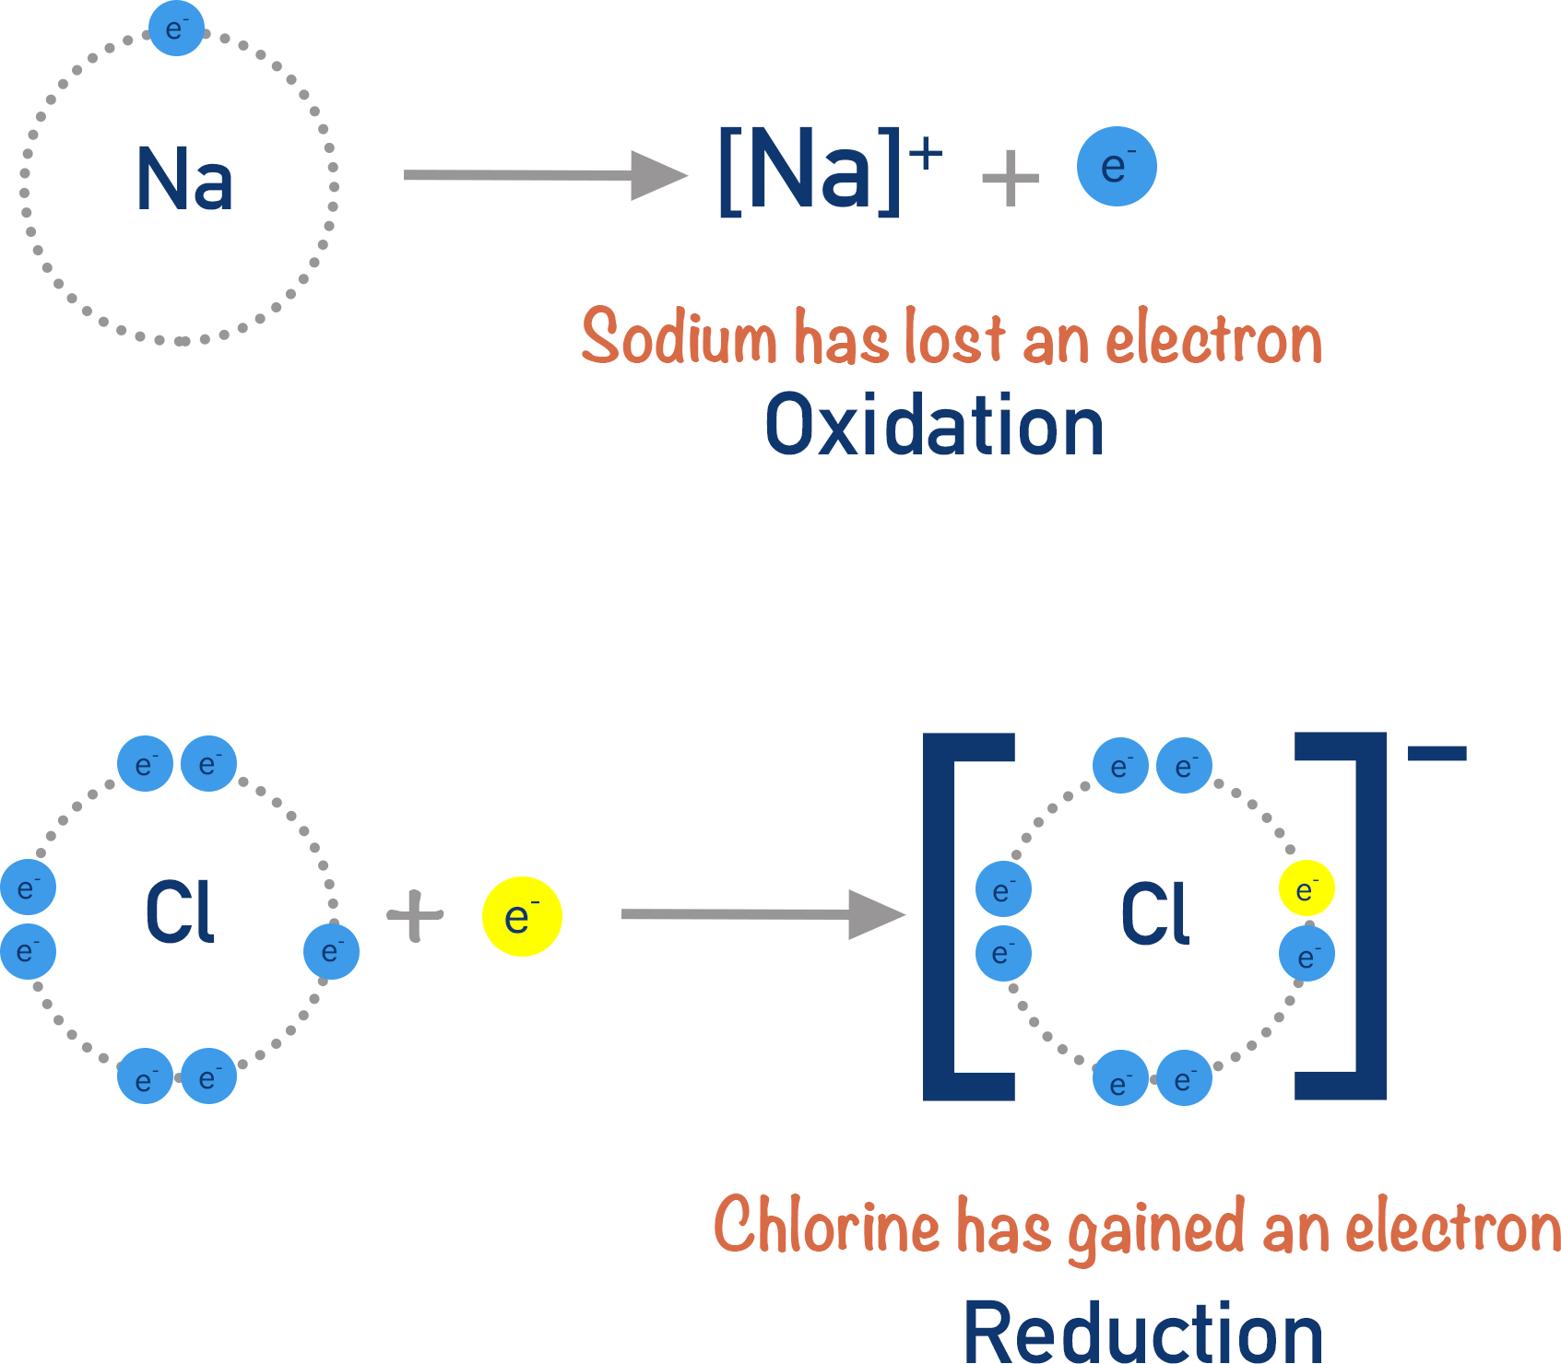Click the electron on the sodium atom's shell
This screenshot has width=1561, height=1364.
[176, 29]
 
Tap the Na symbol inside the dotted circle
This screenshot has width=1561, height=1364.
[184, 180]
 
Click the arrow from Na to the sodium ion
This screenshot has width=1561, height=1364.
[544, 175]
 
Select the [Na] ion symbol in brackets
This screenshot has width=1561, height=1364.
[810, 170]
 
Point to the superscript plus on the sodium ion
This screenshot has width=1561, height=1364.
[926, 155]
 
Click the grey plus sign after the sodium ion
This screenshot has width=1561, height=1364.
[1011, 178]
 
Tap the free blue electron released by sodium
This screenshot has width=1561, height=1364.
[1117, 167]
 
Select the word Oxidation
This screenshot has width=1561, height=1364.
[934, 426]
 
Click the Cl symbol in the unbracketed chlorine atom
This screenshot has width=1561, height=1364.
[180, 912]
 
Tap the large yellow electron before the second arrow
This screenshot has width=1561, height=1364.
[522, 916]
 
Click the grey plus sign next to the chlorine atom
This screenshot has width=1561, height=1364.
[416, 916]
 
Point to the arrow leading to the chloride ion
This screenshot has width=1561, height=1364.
[761, 914]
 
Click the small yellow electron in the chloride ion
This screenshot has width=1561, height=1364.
[1307, 888]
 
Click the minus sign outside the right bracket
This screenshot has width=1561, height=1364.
[1437, 754]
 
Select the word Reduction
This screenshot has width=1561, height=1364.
[1143, 1333]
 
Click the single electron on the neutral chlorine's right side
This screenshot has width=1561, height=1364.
[331, 951]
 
